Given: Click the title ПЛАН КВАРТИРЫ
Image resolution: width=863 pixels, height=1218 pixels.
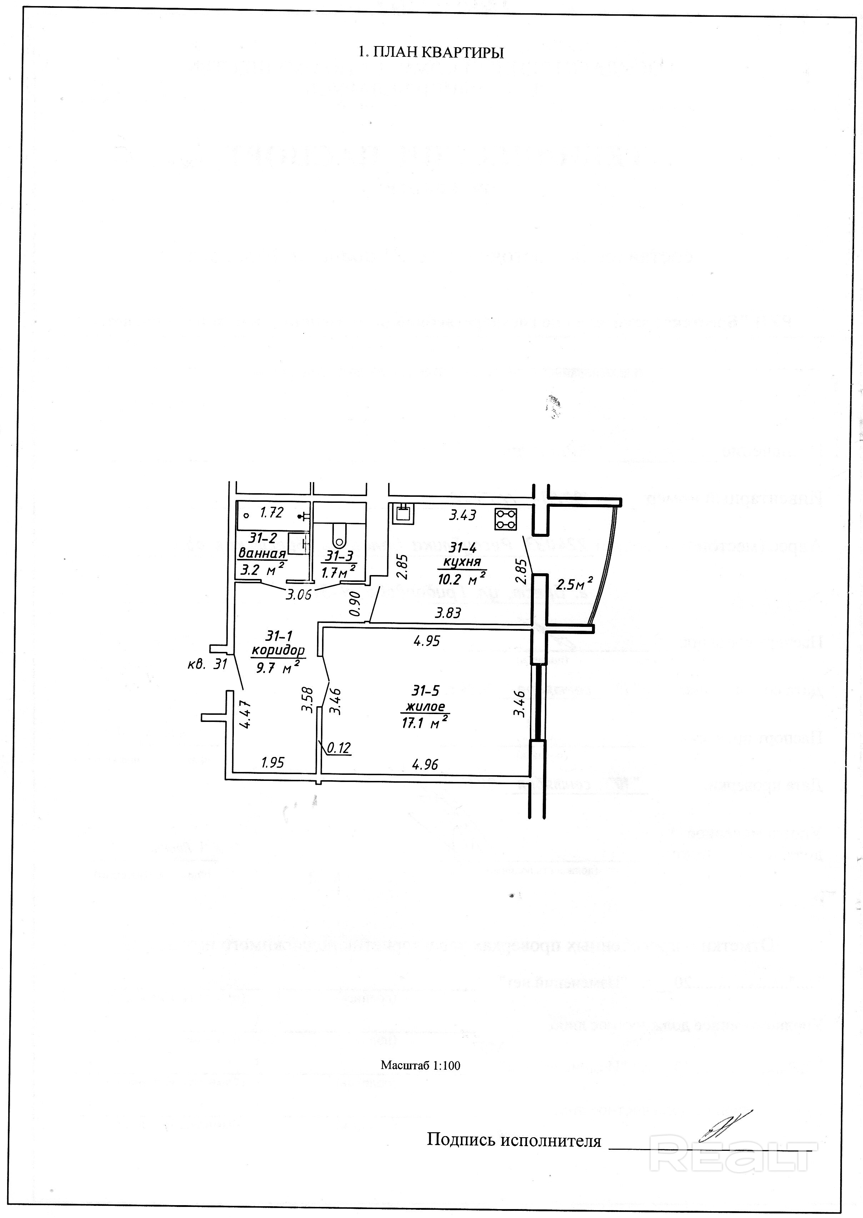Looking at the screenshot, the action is point(431,52).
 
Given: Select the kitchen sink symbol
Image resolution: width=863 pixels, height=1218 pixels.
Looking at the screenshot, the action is point(402,513).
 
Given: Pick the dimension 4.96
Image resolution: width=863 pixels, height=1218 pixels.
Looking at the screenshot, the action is point(425,765).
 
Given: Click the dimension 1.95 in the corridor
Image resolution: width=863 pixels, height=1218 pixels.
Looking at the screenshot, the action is point(272,763).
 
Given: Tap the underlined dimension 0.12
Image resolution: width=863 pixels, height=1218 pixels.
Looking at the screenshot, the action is point(338,748).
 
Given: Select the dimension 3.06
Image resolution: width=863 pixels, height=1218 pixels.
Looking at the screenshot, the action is point(298,595).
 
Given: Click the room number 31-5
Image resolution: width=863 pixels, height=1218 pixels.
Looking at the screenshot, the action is point(425,691).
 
